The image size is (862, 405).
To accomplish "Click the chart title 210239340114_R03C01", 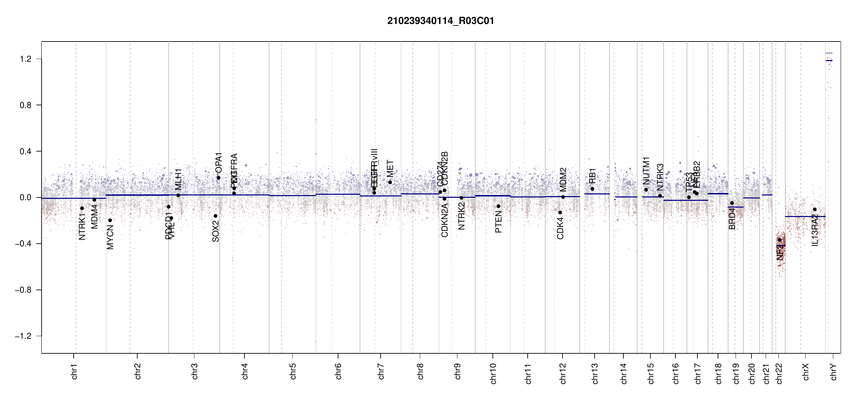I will tap(440, 21).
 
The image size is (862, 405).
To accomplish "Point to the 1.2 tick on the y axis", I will tap(26, 59).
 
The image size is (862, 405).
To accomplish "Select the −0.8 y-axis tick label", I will tap(23, 290).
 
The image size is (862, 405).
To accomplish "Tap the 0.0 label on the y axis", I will tap(26, 197).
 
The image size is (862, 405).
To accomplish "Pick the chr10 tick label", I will tap(493, 373).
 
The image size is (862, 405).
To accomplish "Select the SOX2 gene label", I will tap(216, 231).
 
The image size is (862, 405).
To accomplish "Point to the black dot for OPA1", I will tap(218, 178).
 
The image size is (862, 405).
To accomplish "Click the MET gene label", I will tap(390, 169).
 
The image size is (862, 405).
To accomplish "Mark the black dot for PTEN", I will tap(498, 206).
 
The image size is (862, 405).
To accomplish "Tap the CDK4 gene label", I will tap(560, 228).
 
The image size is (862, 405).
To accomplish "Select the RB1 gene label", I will tap(592, 176).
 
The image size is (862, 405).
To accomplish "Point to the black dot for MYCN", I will tap(110, 220).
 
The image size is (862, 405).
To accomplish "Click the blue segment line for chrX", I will tap(805, 217).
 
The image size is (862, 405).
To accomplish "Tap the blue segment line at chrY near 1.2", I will tap(829, 61).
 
